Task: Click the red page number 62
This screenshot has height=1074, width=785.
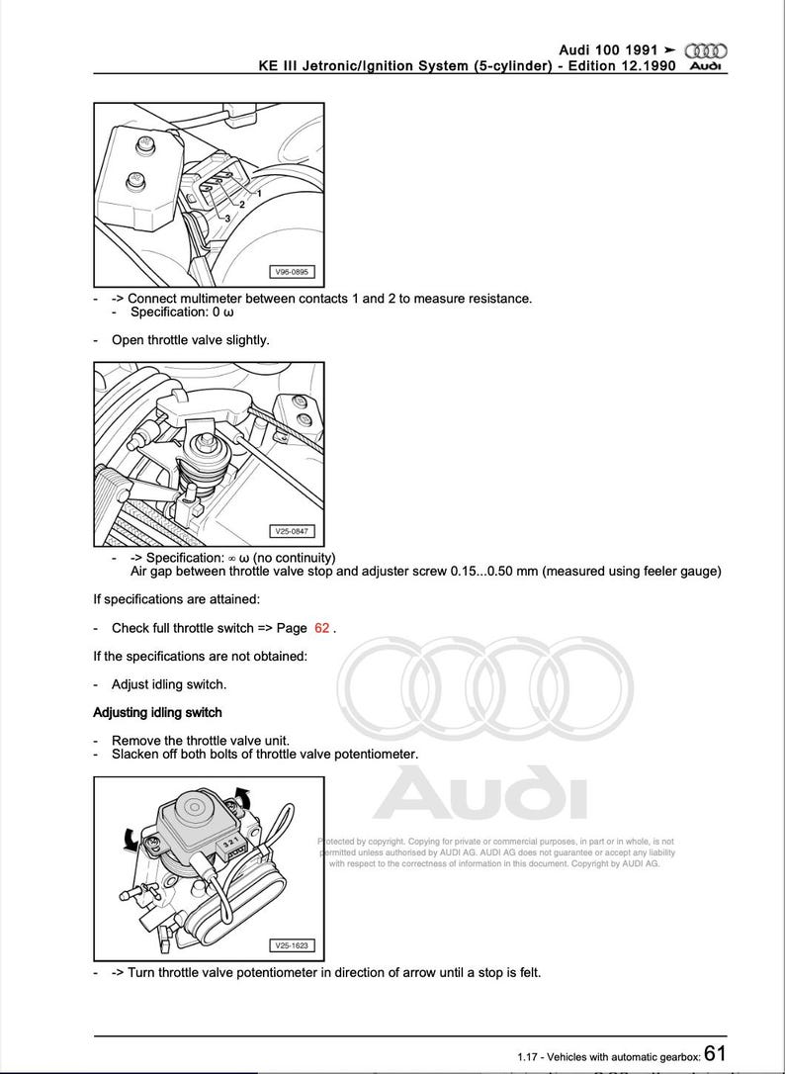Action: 322,628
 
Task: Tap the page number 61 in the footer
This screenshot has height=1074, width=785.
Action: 717,1054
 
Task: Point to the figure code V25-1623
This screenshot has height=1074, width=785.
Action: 290,945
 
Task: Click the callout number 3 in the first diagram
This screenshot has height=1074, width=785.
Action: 227,218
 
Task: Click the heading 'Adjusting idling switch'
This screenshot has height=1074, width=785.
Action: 157,712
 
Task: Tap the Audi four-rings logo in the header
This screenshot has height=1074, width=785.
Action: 706,50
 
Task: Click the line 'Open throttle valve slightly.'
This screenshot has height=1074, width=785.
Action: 190,339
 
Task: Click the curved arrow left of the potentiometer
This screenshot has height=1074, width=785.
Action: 129,839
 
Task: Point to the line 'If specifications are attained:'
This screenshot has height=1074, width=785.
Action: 177,599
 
